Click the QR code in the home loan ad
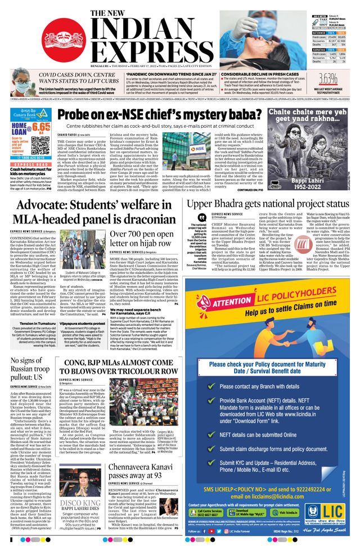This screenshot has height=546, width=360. [x=38, y=147]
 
